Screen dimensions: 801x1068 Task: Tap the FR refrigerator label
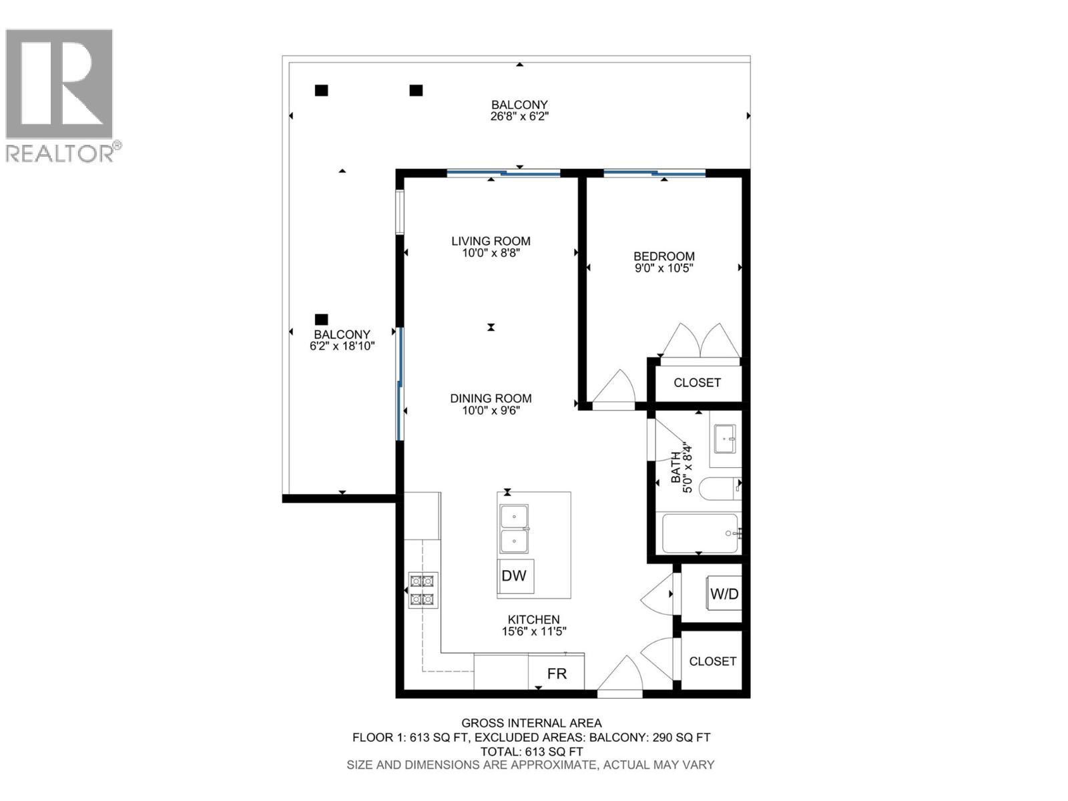(x=557, y=674)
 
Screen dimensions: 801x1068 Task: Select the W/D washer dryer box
(x=724, y=593)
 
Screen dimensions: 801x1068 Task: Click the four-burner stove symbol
(x=423, y=590)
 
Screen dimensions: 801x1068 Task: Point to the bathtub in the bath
(x=700, y=533)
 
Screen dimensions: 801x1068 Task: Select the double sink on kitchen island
(x=514, y=529)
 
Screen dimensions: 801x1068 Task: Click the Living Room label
(x=491, y=241)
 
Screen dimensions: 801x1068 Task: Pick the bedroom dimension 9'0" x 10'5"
(x=663, y=268)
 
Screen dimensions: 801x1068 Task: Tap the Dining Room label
(x=491, y=398)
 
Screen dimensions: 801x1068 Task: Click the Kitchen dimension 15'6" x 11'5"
(x=533, y=631)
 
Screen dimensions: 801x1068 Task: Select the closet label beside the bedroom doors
(x=697, y=382)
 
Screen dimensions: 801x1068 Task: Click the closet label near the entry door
(x=712, y=661)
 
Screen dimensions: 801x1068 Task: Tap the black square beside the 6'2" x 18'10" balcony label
(x=322, y=320)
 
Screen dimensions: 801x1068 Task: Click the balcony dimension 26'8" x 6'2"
(x=519, y=117)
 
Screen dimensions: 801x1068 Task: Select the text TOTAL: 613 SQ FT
(x=531, y=752)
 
